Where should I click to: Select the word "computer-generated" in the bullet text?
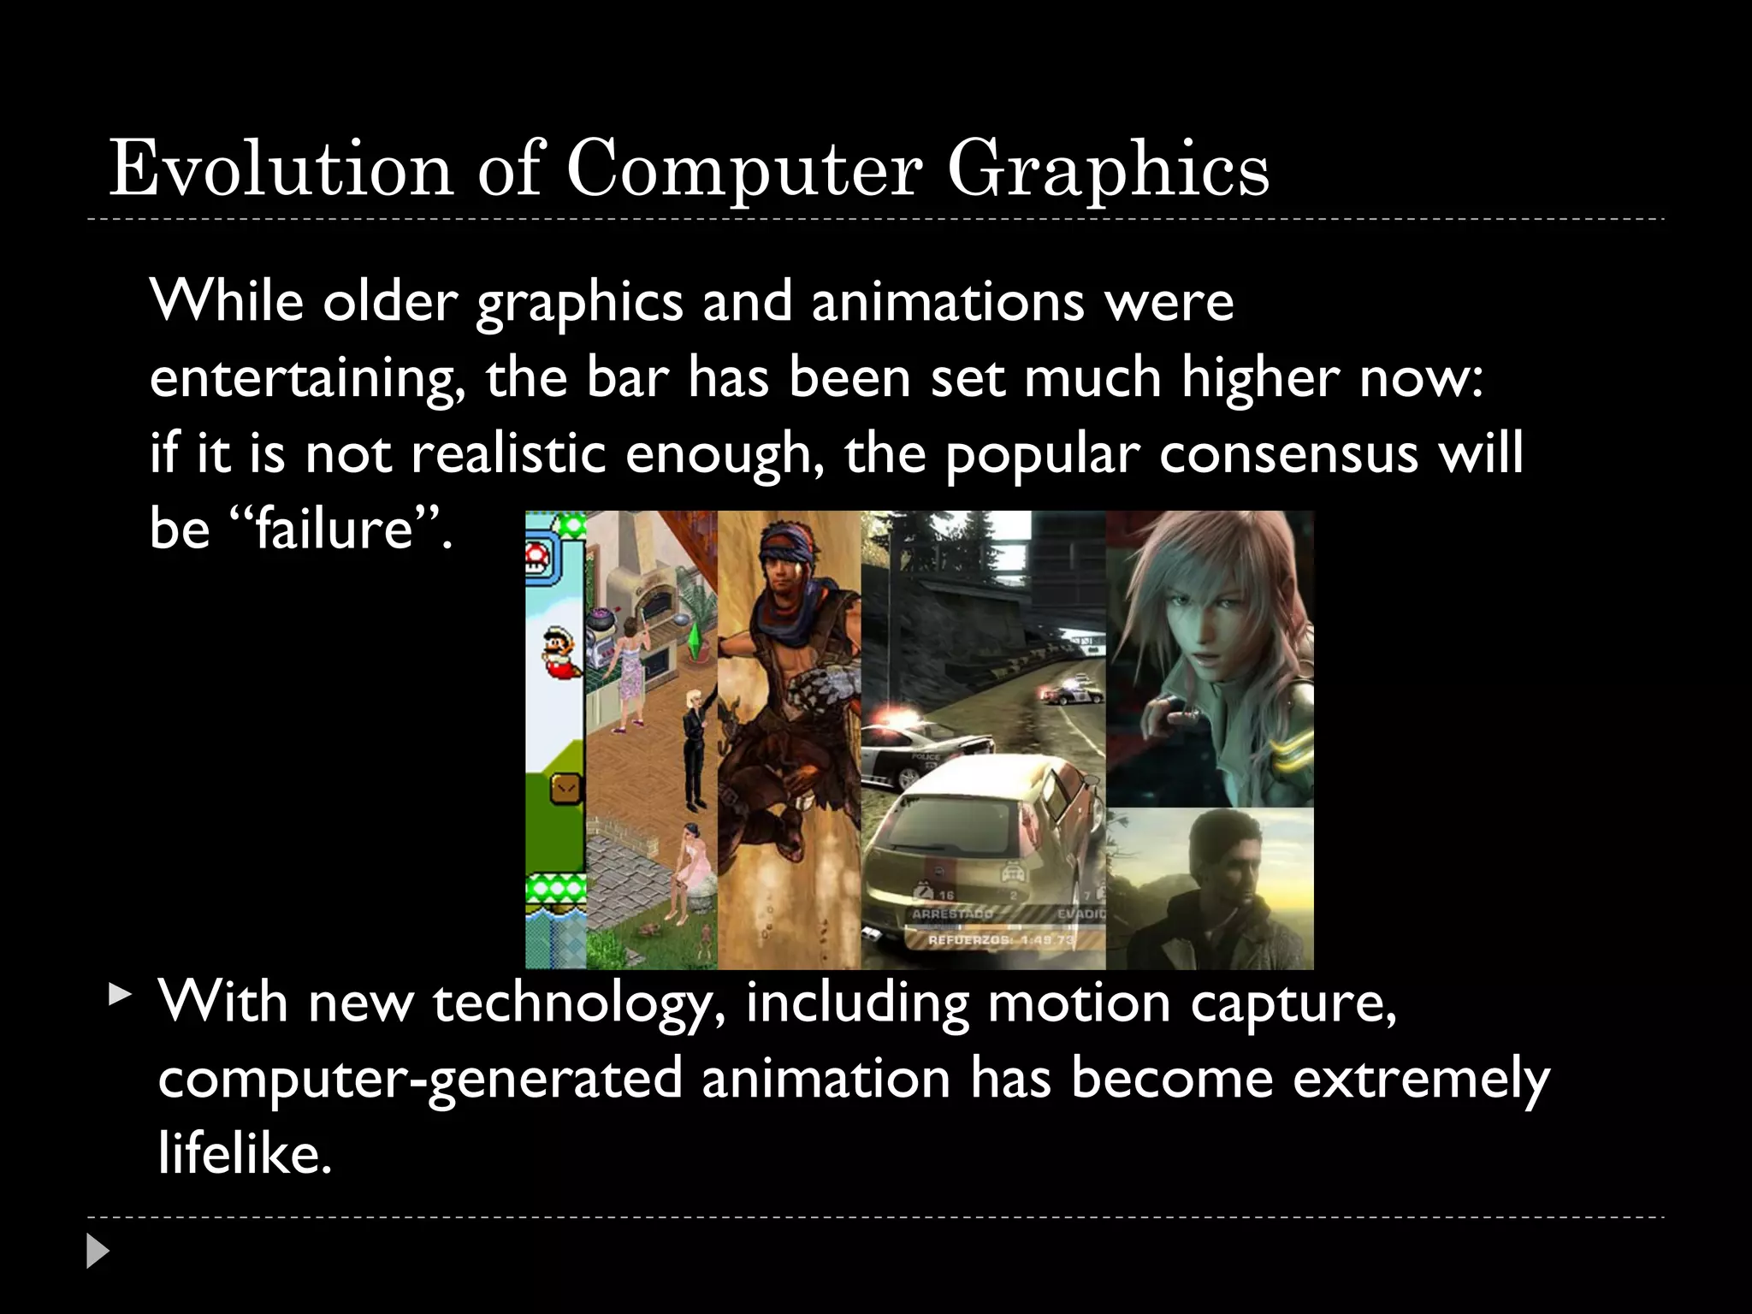pyautogui.click(x=420, y=1078)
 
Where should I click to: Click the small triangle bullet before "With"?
pyautogui.click(x=121, y=995)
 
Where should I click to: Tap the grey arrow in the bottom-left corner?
pyautogui.click(x=98, y=1251)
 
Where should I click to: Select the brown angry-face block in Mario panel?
pyautogui.click(x=565, y=788)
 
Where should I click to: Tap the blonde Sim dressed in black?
pyautogui.click(x=693, y=744)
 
